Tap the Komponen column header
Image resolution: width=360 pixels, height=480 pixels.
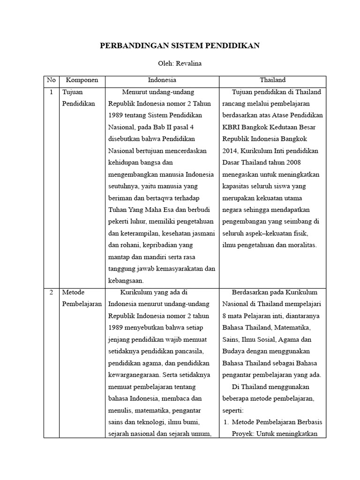pos(82,80)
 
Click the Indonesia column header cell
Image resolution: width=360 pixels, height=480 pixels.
pos(162,80)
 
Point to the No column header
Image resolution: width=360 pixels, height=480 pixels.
pos(51,80)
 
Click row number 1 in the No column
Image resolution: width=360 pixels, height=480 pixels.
pos(51,92)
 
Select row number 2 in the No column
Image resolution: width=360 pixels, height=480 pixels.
pos(51,292)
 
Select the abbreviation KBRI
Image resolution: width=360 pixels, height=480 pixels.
pos(231,127)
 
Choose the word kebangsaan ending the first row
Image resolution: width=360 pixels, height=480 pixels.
pos(126,280)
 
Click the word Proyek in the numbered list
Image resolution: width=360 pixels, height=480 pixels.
pos(243,434)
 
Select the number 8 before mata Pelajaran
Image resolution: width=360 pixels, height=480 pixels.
pos(225,316)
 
